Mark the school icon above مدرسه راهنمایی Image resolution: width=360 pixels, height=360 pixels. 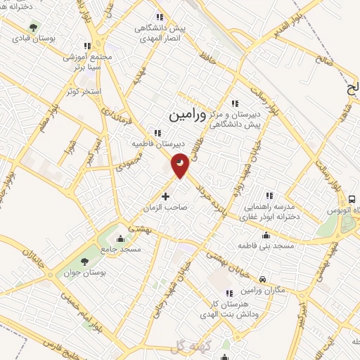(269, 195)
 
